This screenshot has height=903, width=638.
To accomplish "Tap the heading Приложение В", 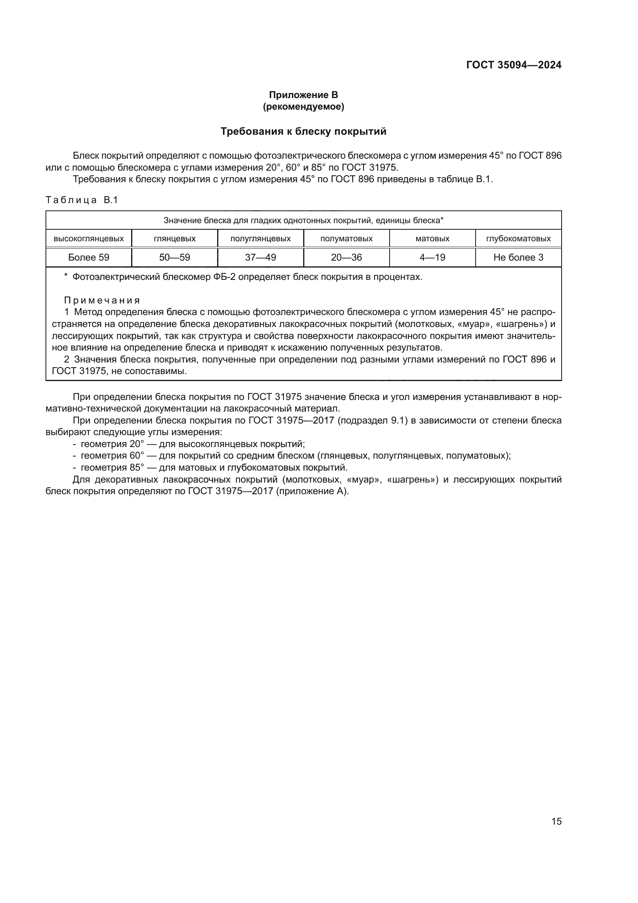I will pyautogui.click(x=303, y=95).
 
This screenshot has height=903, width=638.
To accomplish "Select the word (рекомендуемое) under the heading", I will pyautogui.click(x=303, y=107).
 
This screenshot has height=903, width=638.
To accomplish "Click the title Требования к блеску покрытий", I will pyautogui.click(x=303, y=131).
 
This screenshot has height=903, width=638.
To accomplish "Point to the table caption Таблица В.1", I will pyautogui.click(x=82, y=200).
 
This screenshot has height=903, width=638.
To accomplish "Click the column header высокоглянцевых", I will pyautogui.click(x=89, y=238).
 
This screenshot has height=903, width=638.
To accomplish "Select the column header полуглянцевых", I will pyautogui.click(x=260, y=238).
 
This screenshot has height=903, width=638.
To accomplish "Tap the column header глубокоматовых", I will pyautogui.click(x=518, y=238).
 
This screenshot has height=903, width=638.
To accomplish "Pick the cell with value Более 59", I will pyautogui.click(x=89, y=257).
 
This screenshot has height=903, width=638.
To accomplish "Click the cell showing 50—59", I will pyautogui.click(x=174, y=257).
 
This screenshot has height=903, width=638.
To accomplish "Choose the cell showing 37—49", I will pyautogui.click(x=260, y=257).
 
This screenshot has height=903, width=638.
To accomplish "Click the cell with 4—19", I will pyautogui.click(x=432, y=257).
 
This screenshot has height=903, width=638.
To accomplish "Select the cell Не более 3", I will pyautogui.click(x=518, y=257).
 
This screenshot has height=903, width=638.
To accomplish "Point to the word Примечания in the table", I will pyautogui.click(x=102, y=300).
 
